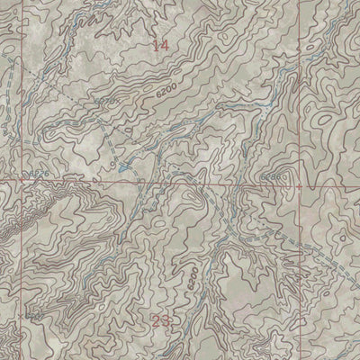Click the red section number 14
click(160, 45)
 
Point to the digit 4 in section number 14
click(165, 45)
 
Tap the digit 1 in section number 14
click(156, 45)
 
